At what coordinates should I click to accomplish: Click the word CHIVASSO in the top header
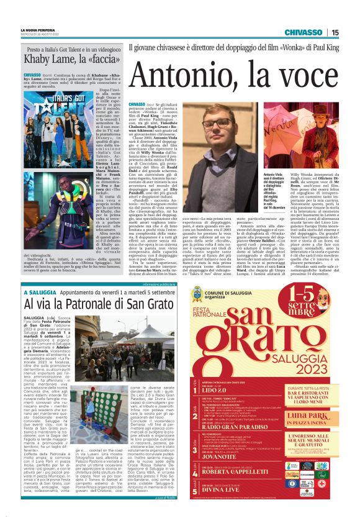(304, 32)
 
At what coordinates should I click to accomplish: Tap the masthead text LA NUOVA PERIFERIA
(38, 29)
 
